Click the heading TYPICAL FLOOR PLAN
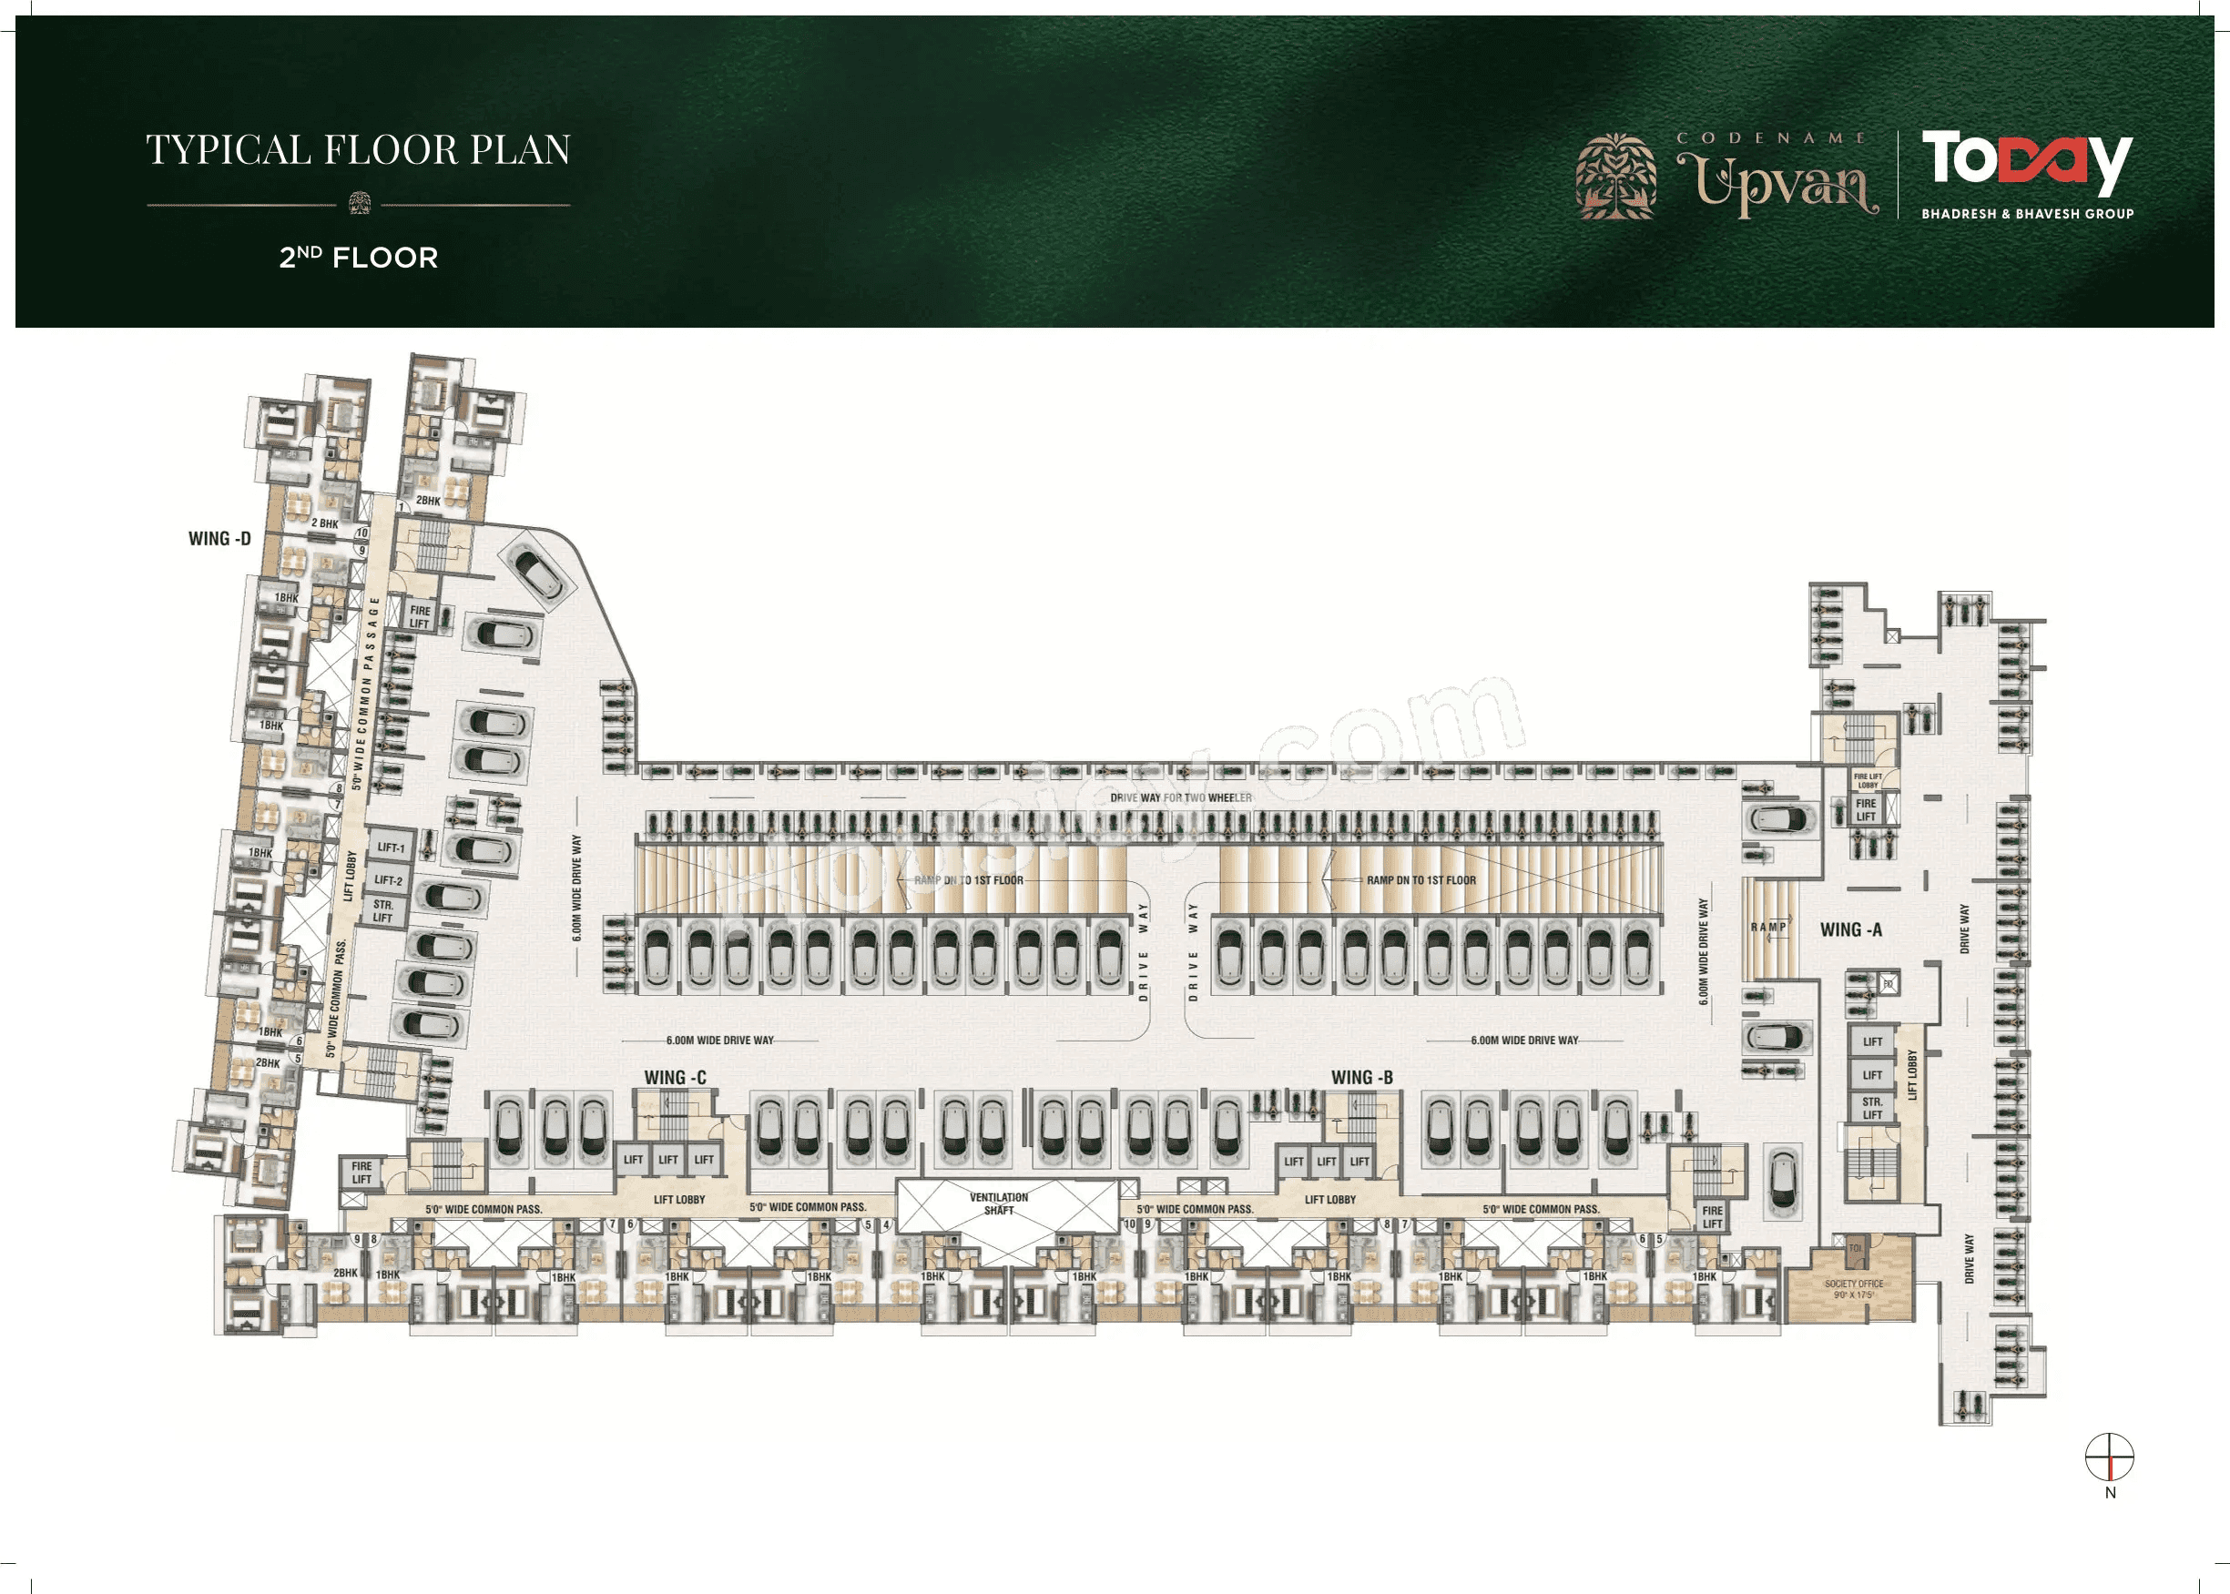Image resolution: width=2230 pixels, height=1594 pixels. click(x=358, y=150)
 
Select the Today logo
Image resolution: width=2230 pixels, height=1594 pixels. click(x=2026, y=161)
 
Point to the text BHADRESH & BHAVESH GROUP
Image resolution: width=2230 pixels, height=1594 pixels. click(x=2027, y=214)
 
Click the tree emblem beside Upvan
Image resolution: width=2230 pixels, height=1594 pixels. click(x=1615, y=177)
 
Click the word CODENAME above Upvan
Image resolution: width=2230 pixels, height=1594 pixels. click(x=1771, y=138)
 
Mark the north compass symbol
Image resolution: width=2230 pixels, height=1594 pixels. click(x=2109, y=1457)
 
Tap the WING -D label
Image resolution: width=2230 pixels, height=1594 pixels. click(x=219, y=539)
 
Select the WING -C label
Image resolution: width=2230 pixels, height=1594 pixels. click(x=675, y=1078)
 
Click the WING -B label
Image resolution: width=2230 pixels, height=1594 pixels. click(x=1361, y=1078)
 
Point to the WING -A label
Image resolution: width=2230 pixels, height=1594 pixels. click(x=1850, y=929)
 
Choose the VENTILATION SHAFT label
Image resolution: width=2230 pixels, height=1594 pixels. click(x=998, y=1203)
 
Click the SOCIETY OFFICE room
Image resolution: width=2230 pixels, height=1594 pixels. click(x=1853, y=1288)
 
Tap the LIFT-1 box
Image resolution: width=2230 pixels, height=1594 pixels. click(x=391, y=847)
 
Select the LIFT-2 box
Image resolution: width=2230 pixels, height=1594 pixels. click(x=389, y=880)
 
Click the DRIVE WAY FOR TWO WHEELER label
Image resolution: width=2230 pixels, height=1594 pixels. click(x=1181, y=798)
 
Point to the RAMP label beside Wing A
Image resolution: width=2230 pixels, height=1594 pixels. click(x=1768, y=927)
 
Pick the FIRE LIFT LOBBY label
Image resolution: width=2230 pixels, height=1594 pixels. click(x=1868, y=781)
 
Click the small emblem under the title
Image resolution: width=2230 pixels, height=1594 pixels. click(x=360, y=203)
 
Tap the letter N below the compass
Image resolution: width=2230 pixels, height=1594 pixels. click(x=2110, y=1493)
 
